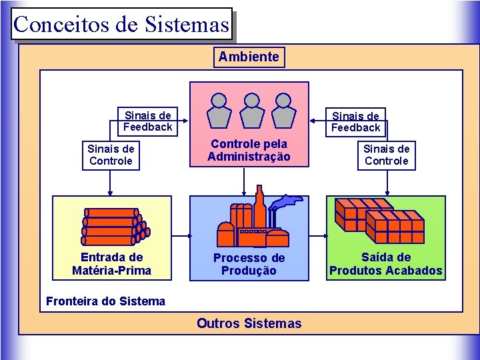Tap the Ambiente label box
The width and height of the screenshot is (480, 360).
point(249,57)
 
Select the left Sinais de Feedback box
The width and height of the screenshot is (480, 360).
point(147,121)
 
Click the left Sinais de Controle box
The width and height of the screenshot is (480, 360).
point(111,155)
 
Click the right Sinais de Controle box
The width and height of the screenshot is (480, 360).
point(387,155)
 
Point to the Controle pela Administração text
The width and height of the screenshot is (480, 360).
point(249,151)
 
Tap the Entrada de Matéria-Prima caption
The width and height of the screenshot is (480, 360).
point(112,264)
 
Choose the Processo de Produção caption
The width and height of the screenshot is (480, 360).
point(249,264)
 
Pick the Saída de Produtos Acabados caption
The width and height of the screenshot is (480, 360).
point(385,264)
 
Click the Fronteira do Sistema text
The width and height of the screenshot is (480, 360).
point(105,301)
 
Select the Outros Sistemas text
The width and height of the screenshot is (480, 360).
point(249,324)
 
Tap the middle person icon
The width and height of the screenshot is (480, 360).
point(251,109)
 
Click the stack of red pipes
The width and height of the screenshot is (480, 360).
point(112,225)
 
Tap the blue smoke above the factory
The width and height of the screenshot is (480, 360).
point(288,201)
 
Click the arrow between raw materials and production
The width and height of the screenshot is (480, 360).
point(181,236)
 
